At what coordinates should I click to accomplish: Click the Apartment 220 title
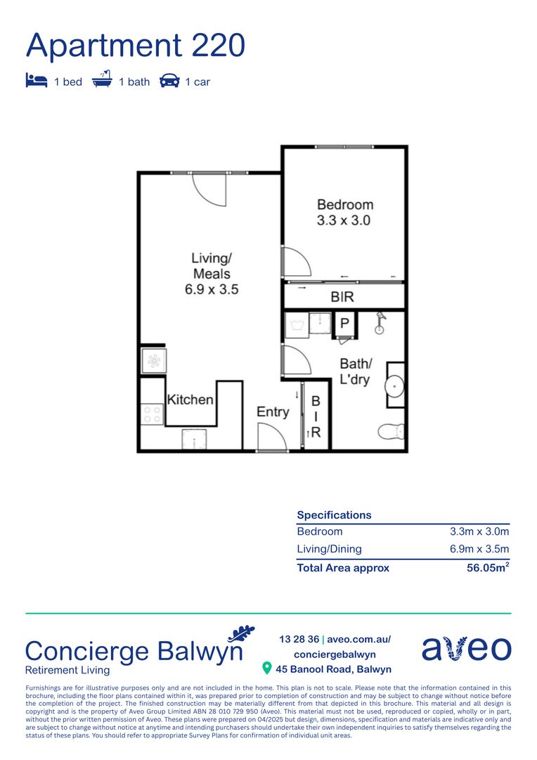click(x=136, y=46)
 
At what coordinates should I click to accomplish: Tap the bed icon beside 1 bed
click(x=36, y=81)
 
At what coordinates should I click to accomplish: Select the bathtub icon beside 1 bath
click(x=103, y=80)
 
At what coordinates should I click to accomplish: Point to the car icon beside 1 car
click(x=169, y=81)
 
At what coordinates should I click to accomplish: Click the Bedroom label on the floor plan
click(x=344, y=205)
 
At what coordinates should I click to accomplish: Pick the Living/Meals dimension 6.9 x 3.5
click(x=212, y=289)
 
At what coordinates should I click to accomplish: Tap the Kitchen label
click(x=190, y=400)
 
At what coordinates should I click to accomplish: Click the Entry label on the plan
click(x=273, y=412)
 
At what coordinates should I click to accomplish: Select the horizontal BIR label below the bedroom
click(x=342, y=297)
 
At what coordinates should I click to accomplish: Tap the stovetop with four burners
click(x=152, y=413)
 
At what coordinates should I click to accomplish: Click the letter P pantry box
click(x=344, y=324)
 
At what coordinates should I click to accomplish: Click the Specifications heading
click(x=334, y=515)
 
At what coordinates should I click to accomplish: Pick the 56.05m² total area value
click(x=488, y=568)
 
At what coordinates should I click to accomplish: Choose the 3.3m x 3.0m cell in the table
click(x=479, y=532)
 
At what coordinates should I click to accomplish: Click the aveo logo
click(x=466, y=648)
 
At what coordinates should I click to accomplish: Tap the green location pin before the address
click(x=267, y=668)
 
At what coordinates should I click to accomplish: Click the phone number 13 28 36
click(x=299, y=639)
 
